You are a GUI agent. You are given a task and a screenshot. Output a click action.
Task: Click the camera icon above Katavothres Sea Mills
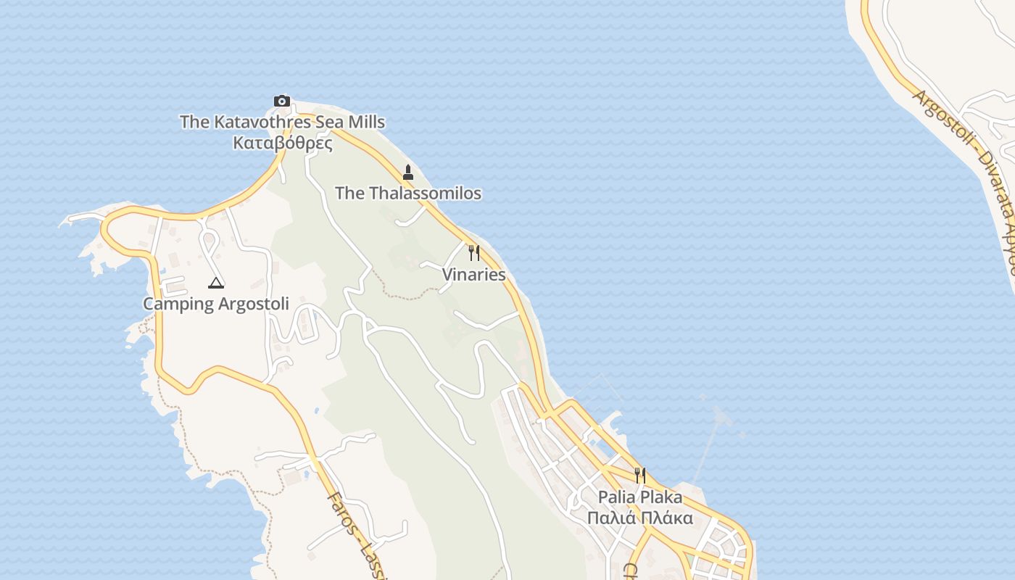click(282, 101)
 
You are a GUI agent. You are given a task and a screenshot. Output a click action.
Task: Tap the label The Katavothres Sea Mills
click(282, 122)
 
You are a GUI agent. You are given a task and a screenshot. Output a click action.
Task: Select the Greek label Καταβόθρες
click(283, 143)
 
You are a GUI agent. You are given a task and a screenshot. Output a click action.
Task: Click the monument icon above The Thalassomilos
click(408, 173)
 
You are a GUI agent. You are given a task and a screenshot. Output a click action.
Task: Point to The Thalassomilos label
click(408, 193)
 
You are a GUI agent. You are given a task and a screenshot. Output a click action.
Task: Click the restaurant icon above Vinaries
click(474, 253)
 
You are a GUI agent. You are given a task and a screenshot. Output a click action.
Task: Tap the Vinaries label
click(474, 275)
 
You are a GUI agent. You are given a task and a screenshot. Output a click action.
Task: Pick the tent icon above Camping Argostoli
click(215, 282)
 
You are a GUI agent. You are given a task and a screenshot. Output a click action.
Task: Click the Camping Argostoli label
click(216, 304)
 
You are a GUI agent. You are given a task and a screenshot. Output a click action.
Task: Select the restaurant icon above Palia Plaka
click(640, 476)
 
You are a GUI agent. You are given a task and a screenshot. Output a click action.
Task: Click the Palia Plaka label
click(640, 497)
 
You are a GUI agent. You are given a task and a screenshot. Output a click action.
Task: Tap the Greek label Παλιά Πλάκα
click(640, 518)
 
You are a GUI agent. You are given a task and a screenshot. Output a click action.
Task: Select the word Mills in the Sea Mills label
click(367, 122)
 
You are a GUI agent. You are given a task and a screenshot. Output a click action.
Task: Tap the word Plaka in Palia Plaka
click(661, 497)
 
